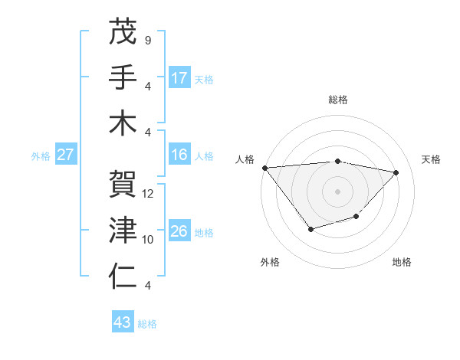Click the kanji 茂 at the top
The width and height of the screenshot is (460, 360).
(123, 33)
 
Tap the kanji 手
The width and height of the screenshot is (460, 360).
(123, 77)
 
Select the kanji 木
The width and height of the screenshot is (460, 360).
(123, 123)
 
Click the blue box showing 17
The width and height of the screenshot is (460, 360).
(179, 77)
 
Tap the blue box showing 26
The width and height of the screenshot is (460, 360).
(179, 231)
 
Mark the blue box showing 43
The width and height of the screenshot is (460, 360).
(123, 322)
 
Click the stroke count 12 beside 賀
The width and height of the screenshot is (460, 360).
(148, 194)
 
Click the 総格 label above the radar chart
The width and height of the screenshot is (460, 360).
(337, 100)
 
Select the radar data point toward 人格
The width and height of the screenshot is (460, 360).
(264, 167)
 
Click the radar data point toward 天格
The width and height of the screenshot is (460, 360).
(396, 172)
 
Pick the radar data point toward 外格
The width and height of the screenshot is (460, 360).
(310, 229)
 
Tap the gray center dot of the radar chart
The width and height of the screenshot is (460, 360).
(337, 191)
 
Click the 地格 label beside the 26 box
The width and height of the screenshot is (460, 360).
(204, 232)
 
